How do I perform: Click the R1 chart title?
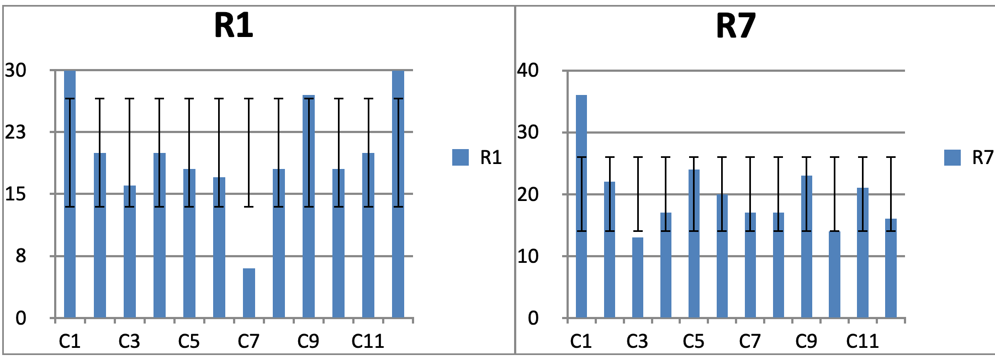[234, 25]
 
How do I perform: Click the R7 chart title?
[735, 25]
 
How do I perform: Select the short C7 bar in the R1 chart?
[248, 293]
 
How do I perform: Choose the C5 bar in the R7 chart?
[694, 243]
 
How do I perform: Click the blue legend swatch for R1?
[460, 157]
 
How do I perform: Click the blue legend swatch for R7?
[952, 157]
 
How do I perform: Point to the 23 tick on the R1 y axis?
[15, 132]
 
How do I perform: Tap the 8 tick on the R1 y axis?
[20, 256]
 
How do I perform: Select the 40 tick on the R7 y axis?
[528, 70]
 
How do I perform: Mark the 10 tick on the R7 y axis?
[528, 256]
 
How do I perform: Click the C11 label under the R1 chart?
[368, 341]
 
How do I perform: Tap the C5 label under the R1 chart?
[189, 341]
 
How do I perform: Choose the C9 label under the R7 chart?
[806, 341]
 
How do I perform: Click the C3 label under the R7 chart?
[637, 341]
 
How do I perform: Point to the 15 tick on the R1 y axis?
[15, 194]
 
